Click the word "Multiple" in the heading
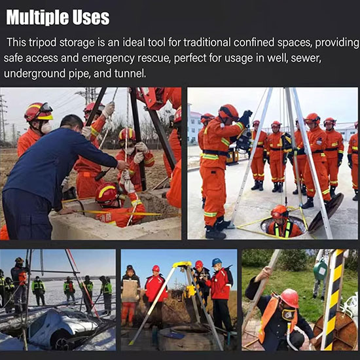click(37, 18)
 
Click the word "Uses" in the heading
click(91, 18)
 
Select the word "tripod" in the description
click(43, 43)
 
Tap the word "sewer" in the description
click(306, 58)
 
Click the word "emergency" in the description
click(108, 59)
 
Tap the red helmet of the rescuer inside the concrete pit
click(107, 193)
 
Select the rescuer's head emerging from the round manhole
click(279, 211)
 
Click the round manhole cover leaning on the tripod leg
click(326, 212)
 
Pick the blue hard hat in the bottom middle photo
click(217, 262)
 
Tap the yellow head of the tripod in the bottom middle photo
click(183, 264)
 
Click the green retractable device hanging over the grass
click(321, 270)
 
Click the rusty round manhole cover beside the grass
click(335, 331)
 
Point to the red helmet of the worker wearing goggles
click(290, 298)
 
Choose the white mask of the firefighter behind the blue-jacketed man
click(46, 128)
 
